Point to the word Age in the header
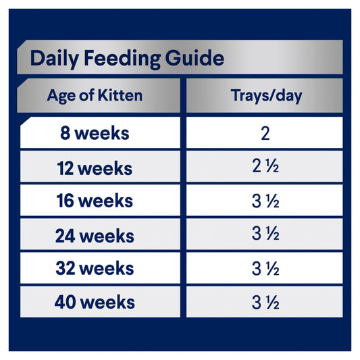pyautogui.click(x=59, y=95)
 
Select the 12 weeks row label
pyautogui.click(x=95, y=167)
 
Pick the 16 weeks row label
pyautogui.click(x=95, y=201)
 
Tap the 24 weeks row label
pyautogui.click(x=95, y=235)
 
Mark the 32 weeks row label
pyautogui.click(x=95, y=269)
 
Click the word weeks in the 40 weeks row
pyautogui.click(x=106, y=302)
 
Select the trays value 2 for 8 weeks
pyautogui.click(x=265, y=133)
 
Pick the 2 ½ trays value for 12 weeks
pyautogui.click(x=265, y=167)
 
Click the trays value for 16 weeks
pyautogui.click(x=265, y=201)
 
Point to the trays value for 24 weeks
pyautogui.click(x=265, y=235)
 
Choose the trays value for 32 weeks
pyautogui.click(x=265, y=269)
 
